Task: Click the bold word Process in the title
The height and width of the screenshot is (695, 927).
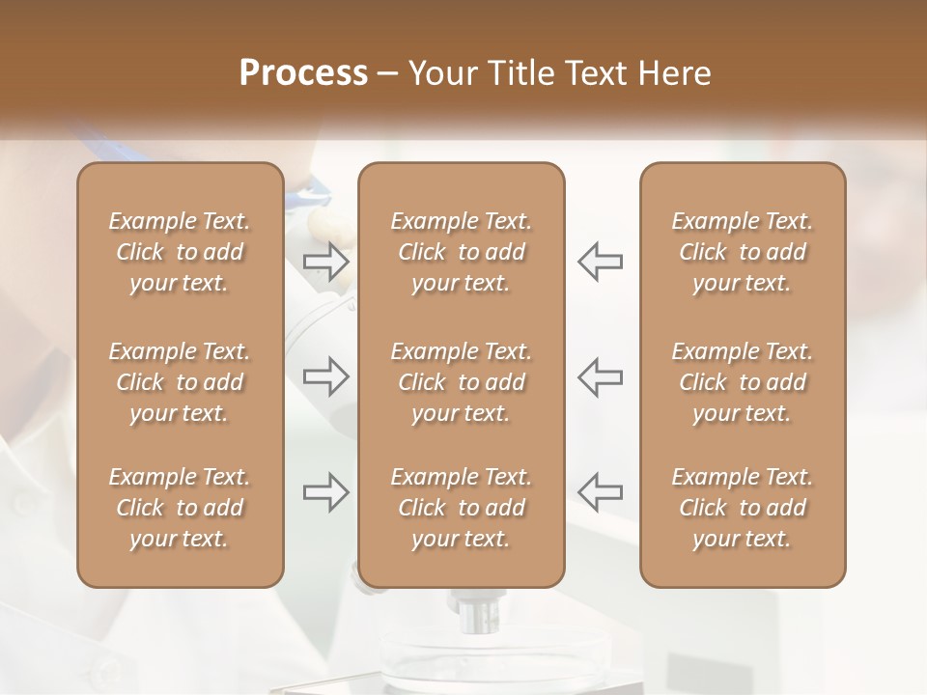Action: click(303, 73)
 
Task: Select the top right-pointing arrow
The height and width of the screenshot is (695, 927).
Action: click(326, 262)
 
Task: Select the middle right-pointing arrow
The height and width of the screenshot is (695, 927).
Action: click(326, 376)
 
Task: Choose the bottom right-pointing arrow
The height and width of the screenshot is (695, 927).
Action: click(326, 492)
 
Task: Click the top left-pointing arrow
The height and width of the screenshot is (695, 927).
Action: click(601, 262)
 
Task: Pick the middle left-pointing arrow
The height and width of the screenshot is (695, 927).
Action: click(601, 376)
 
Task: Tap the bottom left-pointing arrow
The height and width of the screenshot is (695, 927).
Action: click(601, 492)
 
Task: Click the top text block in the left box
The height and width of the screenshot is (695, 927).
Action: click(180, 252)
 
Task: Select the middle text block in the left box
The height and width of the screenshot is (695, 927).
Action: click(180, 382)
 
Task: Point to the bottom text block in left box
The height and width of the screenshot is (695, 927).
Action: click(180, 508)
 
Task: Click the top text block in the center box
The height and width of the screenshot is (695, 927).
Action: click(462, 252)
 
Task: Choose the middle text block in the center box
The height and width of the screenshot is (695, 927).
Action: click(462, 382)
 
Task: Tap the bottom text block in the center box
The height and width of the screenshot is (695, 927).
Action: click(462, 508)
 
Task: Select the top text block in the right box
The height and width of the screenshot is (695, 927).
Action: click(743, 252)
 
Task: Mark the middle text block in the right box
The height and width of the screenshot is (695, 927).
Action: click(743, 382)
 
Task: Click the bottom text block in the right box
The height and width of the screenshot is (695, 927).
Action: click(743, 508)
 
